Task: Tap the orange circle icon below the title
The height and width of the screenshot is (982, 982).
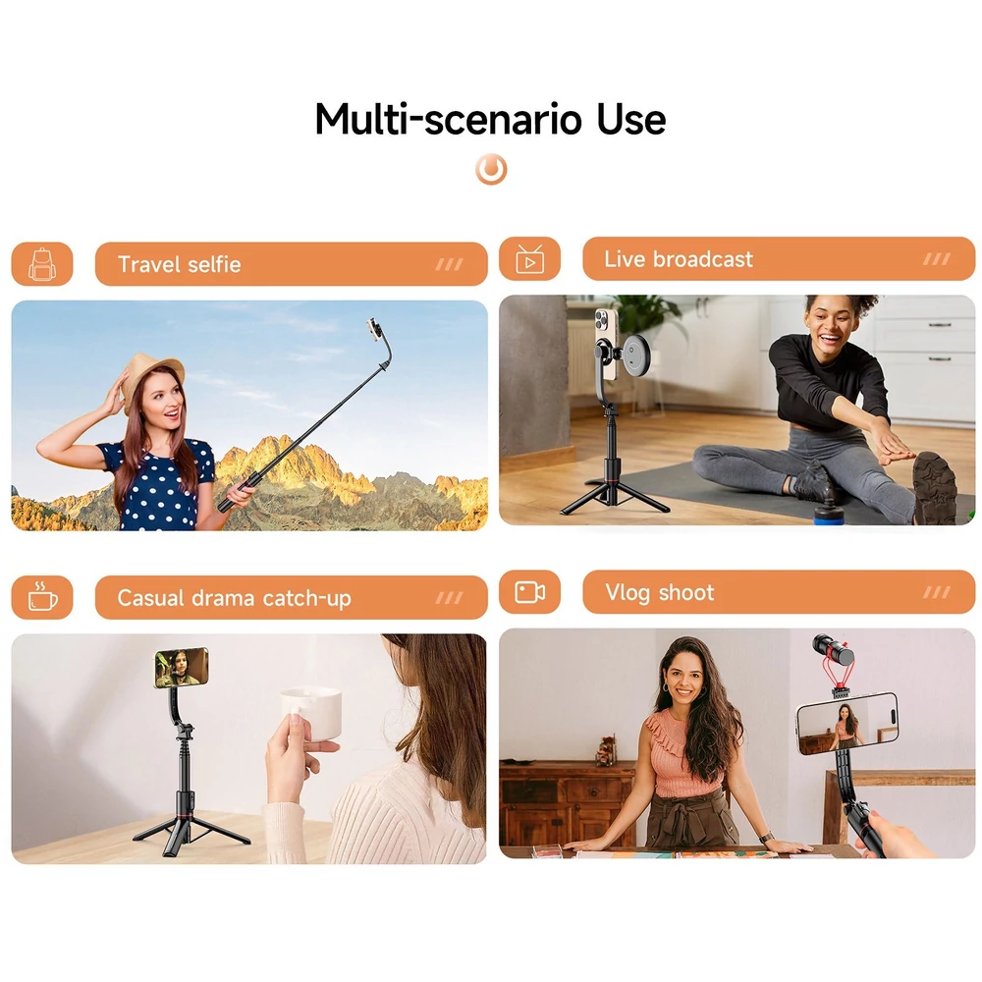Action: pyautogui.click(x=491, y=169)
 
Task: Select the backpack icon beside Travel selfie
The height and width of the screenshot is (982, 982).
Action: pyautogui.click(x=42, y=264)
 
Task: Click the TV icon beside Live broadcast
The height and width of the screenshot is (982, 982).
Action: pyautogui.click(x=530, y=259)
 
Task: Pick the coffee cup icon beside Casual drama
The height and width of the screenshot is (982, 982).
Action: pyautogui.click(x=42, y=597)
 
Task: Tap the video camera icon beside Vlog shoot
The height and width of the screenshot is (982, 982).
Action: pyautogui.click(x=530, y=592)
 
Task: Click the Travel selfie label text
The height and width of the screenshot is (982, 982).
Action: pyautogui.click(x=179, y=264)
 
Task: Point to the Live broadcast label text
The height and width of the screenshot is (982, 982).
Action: pyautogui.click(x=679, y=259)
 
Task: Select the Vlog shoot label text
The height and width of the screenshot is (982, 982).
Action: pyautogui.click(x=660, y=592)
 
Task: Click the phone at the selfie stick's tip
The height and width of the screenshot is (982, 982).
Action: pyautogui.click(x=374, y=329)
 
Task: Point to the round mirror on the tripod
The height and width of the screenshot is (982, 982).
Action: pyautogui.click(x=633, y=355)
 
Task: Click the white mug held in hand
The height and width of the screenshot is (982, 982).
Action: pyautogui.click(x=311, y=714)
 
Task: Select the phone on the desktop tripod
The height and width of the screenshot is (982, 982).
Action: pyautogui.click(x=181, y=667)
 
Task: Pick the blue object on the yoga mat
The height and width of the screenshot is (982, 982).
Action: pyautogui.click(x=831, y=513)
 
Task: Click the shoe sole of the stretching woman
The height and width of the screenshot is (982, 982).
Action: pyautogui.click(x=935, y=488)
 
